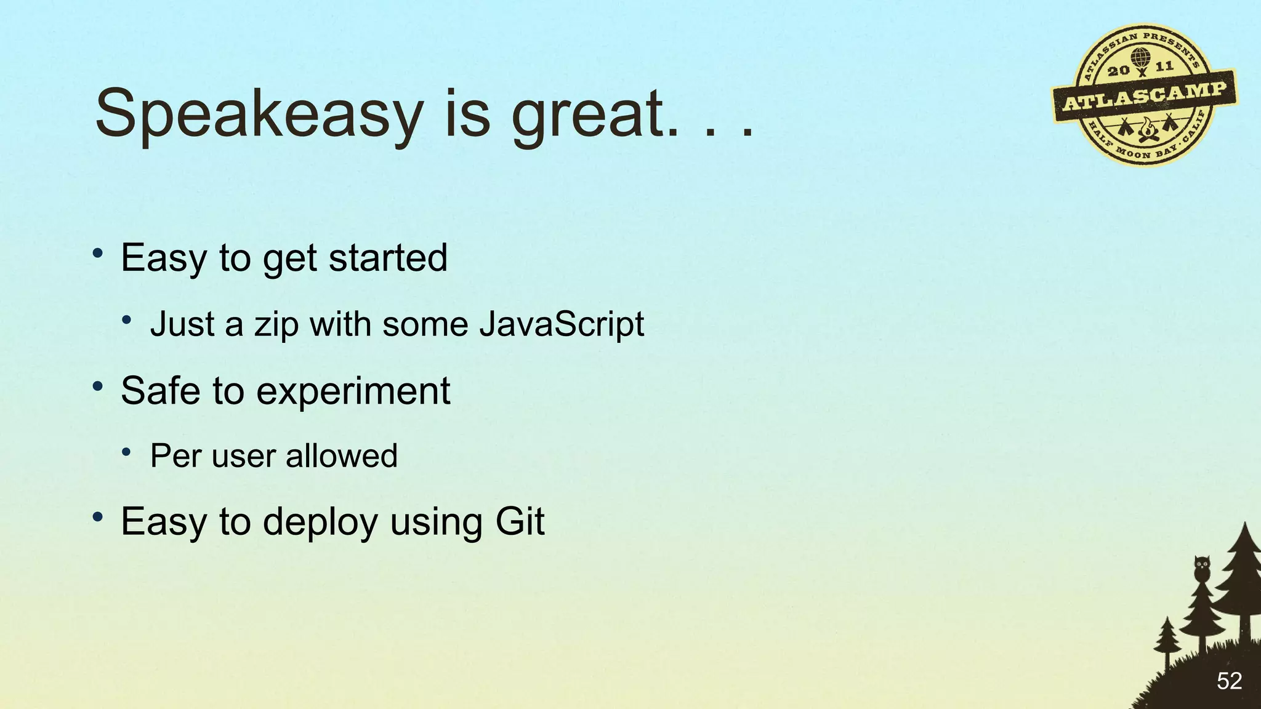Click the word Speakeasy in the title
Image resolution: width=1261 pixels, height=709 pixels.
point(259,114)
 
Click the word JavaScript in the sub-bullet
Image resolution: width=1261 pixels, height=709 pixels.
point(562,324)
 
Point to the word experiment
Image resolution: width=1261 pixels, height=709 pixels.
point(353,391)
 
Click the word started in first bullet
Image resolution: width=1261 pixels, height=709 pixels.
point(388,258)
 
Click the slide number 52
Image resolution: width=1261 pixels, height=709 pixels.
point(1229,681)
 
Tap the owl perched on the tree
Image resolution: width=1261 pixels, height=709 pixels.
point(1202,568)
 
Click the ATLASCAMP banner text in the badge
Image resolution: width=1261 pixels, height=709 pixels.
point(1145,96)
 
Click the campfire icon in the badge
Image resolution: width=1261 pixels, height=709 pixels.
point(1146,130)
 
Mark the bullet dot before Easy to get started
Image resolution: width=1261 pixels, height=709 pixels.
point(97,254)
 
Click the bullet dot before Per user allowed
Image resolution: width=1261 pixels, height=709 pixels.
point(126,453)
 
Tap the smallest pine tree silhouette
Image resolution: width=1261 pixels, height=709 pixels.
point(1166,640)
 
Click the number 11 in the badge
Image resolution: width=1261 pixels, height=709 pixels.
point(1164,66)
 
